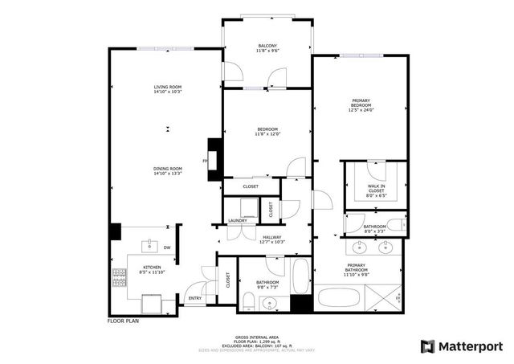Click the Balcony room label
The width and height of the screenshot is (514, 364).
tap(267, 45)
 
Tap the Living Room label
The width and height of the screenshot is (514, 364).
tap(169, 87)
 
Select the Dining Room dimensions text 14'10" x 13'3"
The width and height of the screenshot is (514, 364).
tap(169, 174)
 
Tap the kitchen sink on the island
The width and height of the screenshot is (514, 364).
tap(150, 243)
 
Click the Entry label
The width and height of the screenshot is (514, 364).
tap(195, 298)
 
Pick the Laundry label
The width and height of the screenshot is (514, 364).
tap(237, 220)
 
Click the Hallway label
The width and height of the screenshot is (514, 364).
tap(271, 237)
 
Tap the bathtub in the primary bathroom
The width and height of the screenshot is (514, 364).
tap(341, 299)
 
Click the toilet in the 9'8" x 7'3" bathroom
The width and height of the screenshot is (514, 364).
tap(249, 304)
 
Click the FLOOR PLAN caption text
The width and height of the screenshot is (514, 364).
tap(124, 321)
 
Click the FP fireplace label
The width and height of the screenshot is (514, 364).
tap(206, 161)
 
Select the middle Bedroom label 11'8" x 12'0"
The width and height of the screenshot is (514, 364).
tap(267, 130)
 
